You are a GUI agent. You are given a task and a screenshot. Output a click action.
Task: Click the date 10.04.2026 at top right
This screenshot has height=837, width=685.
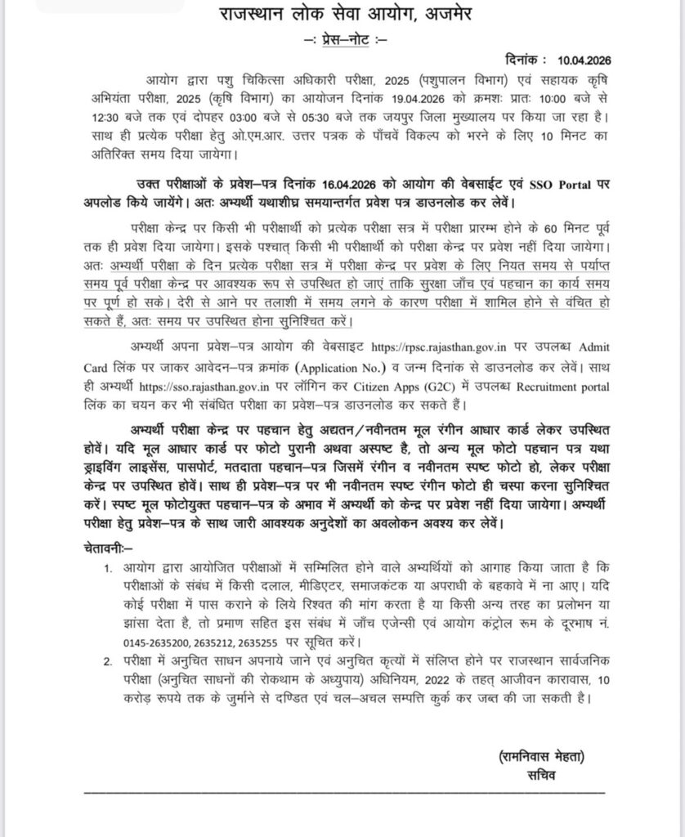585,60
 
